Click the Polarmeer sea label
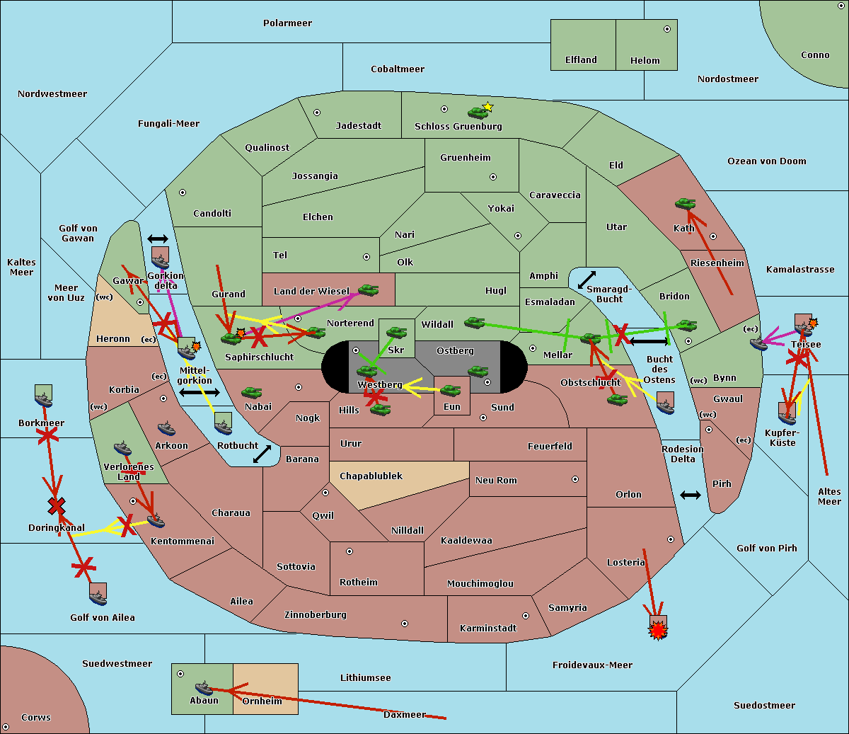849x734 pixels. coord(287,23)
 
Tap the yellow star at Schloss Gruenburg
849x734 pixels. coord(487,107)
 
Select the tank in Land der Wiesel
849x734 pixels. coord(368,289)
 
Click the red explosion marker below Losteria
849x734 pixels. coord(659,629)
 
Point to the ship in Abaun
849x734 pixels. coord(204,688)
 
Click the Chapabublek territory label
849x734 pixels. coord(371,476)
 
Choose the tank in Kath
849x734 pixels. coord(685,204)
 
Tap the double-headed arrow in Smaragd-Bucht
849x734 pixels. coord(587,280)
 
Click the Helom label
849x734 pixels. coord(645,61)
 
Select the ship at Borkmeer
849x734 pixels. coord(44,400)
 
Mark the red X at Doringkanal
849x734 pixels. coord(57,505)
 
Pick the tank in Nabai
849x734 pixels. coord(251,392)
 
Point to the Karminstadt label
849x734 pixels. coord(488,629)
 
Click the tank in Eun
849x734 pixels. coord(451,390)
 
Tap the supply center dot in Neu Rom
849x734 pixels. coord(575,479)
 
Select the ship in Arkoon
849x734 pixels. coord(167,428)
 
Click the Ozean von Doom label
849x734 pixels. coord(766,161)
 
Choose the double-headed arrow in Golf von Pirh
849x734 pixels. coord(691,495)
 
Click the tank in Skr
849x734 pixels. coord(396,331)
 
